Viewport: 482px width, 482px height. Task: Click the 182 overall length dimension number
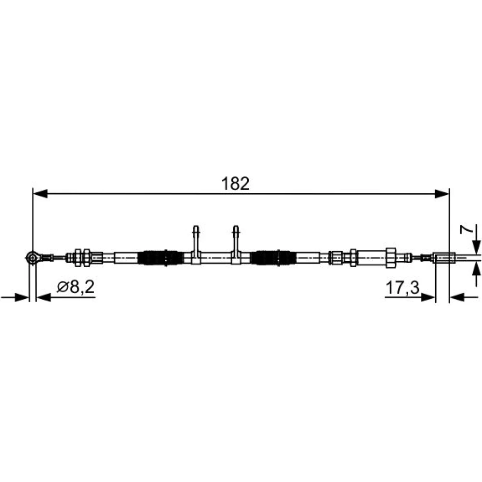coord(235,184)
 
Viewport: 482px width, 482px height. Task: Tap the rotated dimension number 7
coord(466,229)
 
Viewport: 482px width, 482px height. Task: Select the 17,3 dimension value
coord(402,288)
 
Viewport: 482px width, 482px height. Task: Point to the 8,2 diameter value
coord(82,287)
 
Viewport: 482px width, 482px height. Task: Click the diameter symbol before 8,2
coord(63,287)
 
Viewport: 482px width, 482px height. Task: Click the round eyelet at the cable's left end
coord(32,257)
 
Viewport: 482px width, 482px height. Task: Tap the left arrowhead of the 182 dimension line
coord(40,194)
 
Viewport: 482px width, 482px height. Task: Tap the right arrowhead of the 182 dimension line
coord(442,194)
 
